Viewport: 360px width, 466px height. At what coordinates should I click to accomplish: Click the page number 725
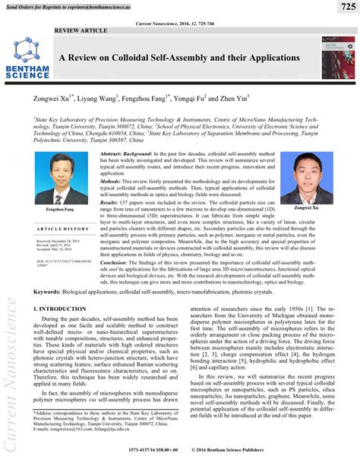pyautogui.click(x=343, y=8)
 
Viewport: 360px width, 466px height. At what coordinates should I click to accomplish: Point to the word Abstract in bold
pyautogui.click(x=114, y=153)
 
